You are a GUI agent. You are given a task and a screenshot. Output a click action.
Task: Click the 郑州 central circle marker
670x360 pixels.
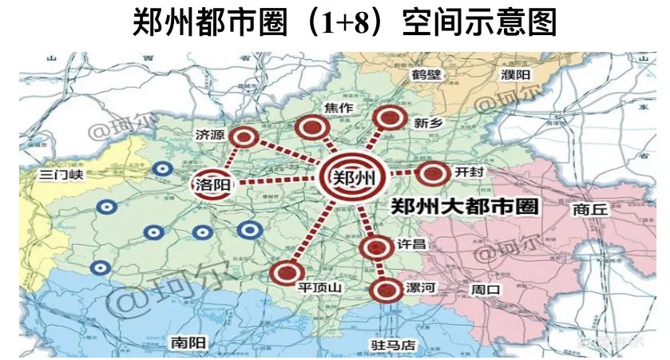tap(352, 178)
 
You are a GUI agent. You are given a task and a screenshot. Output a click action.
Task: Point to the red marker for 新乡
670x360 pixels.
tap(390, 119)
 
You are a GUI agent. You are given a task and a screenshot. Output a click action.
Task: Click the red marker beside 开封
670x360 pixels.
tap(434, 173)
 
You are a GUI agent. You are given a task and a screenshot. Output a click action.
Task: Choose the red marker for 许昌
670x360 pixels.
tap(374, 247)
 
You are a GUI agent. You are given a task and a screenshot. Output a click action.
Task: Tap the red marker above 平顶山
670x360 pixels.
tap(283, 274)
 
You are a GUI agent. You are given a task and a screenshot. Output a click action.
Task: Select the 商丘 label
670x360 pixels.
tap(590, 210)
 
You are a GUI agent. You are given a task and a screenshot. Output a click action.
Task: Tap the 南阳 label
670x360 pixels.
tap(188, 343)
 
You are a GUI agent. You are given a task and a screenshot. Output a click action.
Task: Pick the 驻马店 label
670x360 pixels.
tap(394, 346)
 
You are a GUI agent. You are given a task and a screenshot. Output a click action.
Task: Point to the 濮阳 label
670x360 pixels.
tap(515, 74)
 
